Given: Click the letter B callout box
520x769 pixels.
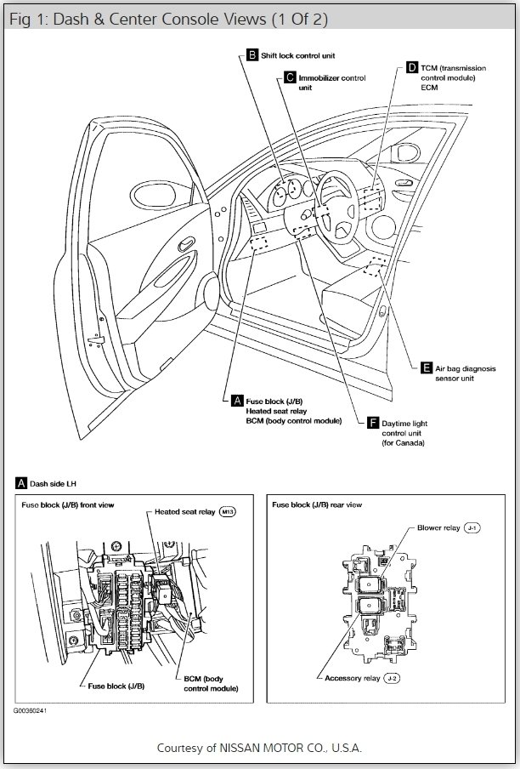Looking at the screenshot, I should point(252,55).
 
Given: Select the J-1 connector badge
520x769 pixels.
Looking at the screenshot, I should point(473,528).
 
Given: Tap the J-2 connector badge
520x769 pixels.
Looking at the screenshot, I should point(391,678).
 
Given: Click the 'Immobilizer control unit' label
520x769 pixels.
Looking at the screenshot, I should point(331,83).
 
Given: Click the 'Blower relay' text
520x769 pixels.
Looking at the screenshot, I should point(438,528).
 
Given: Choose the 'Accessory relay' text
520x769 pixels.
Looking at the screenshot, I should point(352,678).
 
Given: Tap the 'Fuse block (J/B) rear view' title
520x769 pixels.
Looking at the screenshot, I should point(317,504).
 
